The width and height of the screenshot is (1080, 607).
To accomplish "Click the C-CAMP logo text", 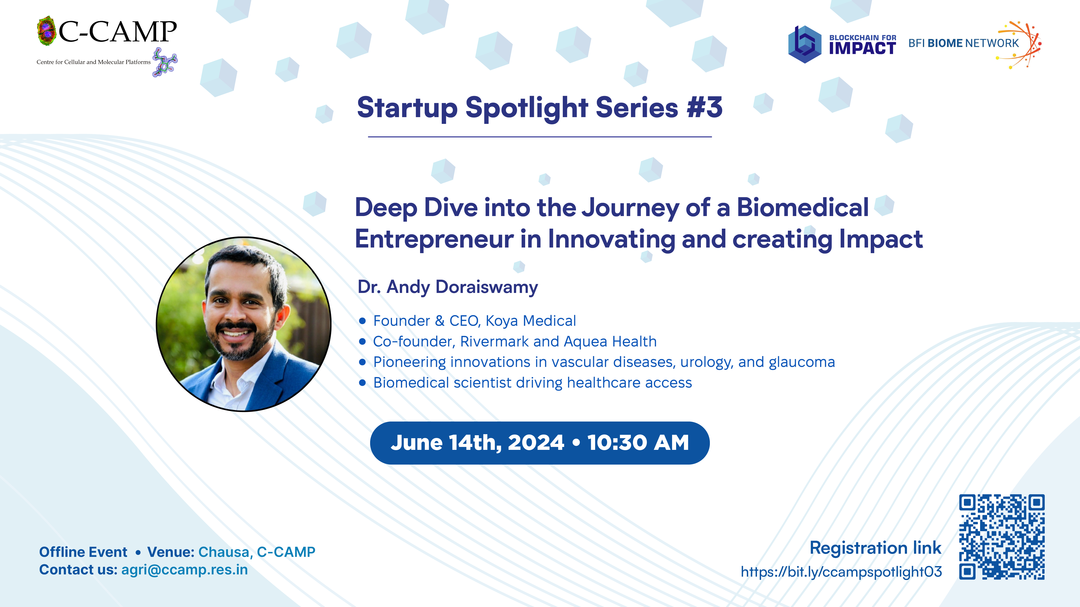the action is point(117,32).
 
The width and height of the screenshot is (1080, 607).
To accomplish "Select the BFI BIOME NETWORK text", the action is point(963,43).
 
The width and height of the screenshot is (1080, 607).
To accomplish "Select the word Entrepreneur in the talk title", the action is point(434,240).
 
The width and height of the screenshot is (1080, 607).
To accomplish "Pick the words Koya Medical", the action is point(530,321).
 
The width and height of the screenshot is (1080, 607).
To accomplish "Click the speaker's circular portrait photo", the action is point(244,324).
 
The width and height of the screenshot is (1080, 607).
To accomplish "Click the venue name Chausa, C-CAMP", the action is point(256,552).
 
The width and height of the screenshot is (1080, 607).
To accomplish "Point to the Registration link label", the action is point(875,548).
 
